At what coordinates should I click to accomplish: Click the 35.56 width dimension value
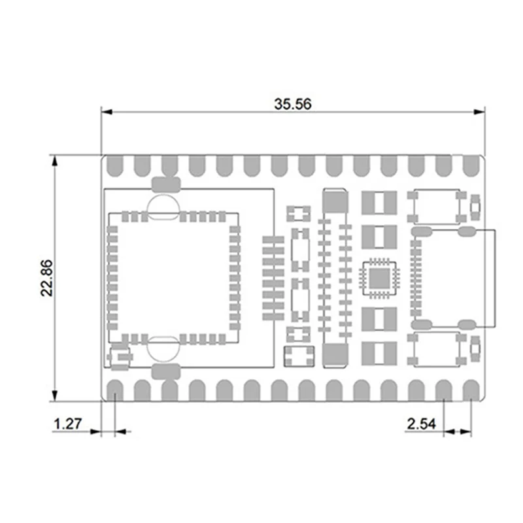pos(293,103)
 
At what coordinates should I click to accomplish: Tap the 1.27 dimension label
pos(67,424)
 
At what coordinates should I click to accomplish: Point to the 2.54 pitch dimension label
pos(421,424)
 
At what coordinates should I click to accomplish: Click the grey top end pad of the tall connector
pos(335,202)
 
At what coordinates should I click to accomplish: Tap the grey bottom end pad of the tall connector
pos(335,354)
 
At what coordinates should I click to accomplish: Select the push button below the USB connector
pos(433,349)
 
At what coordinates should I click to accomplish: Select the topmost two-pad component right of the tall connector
pos(379,203)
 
